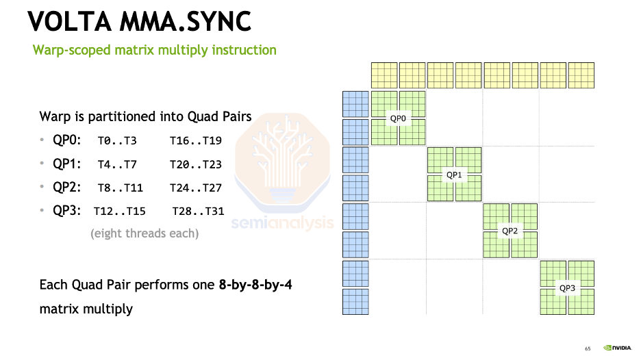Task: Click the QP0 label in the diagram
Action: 399,118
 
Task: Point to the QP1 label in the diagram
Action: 455,175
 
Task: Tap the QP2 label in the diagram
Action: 510,231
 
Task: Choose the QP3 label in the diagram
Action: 567,287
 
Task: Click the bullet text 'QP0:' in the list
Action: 66,140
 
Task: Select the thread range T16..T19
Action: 195,141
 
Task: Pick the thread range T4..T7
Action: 117,164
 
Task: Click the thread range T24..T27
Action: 195,188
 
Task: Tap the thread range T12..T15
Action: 119,211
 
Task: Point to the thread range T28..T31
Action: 198,211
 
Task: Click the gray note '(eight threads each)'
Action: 144,233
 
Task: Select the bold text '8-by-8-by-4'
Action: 255,284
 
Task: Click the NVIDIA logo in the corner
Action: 617,348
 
